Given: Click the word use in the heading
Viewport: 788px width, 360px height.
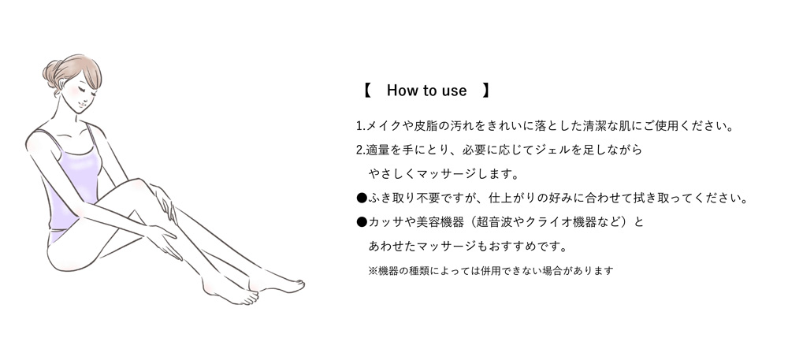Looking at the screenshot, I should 454,91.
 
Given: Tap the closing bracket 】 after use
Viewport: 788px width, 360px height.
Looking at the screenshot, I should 486,91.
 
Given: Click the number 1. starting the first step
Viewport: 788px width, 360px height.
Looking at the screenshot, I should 361,126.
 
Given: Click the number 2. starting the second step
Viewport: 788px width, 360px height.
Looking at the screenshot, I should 361,150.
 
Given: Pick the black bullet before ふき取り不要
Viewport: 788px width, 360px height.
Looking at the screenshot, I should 362,198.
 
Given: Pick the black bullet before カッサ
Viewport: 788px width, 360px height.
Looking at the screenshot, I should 362,223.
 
